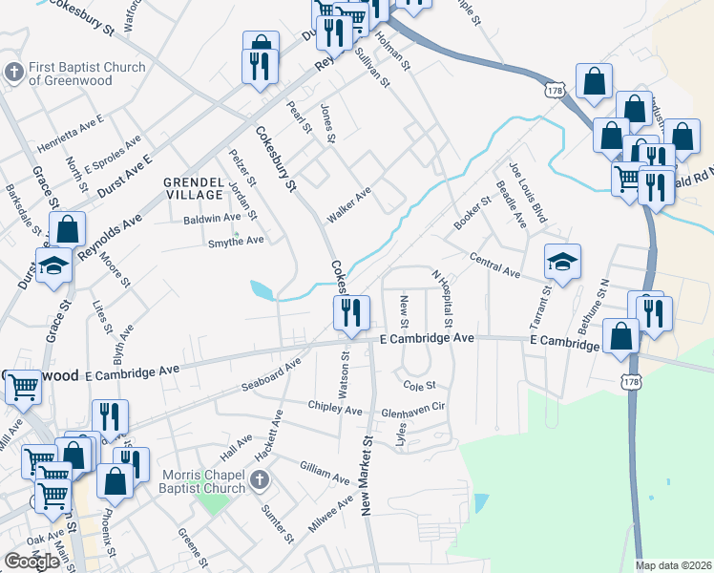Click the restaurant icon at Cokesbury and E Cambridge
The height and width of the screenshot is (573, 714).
click(x=351, y=312)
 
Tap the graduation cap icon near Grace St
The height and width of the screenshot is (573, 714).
click(x=54, y=266)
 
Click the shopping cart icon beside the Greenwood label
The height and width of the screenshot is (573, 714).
click(x=23, y=388)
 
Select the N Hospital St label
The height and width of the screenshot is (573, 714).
click(x=441, y=295)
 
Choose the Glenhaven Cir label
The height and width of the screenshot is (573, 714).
click(x=413, y=408)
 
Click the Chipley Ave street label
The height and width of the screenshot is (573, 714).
click(x=335, y=409)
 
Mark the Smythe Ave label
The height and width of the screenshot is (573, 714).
click(x=236, y=241)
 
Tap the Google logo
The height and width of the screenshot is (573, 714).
click(x=31, y=562)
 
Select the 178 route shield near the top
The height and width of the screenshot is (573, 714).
click(x=555, y=89)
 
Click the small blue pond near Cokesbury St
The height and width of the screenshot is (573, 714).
click(x=261, y=288)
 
